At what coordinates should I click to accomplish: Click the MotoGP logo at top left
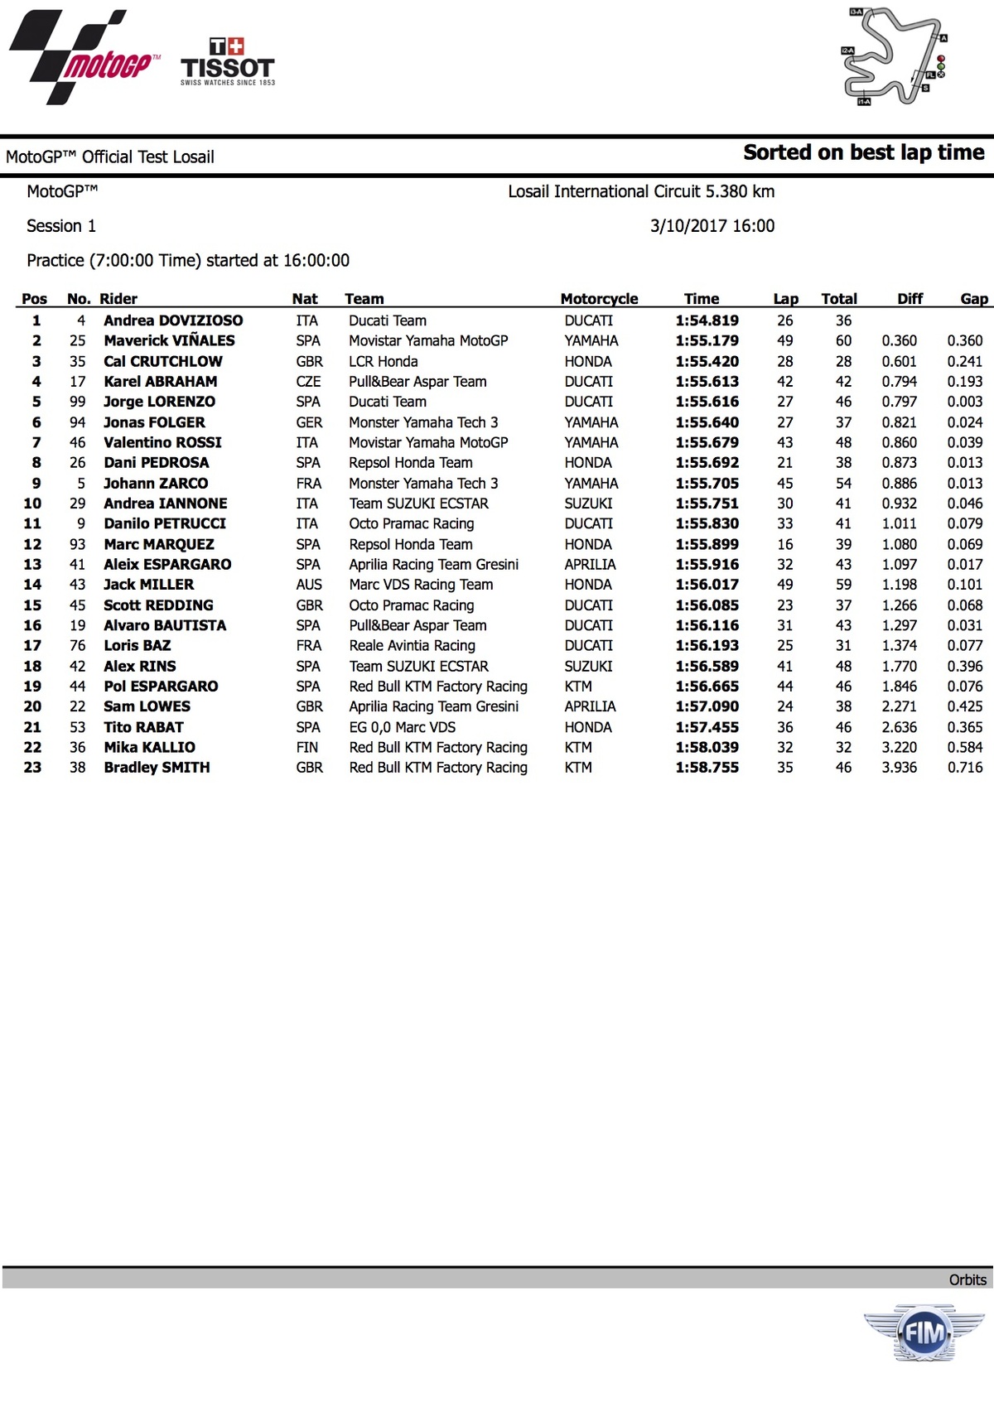click(83, 58)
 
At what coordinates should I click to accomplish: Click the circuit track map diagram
click(894, 56)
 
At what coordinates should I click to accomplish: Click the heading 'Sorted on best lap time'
click(863, 152)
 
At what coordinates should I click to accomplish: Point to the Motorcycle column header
click(599, 299)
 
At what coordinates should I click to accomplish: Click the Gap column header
click(973, 299)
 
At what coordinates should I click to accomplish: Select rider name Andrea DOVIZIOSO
click(173, 320)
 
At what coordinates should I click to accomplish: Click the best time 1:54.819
click(707, 320)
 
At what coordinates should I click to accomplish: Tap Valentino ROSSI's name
click(162, 442)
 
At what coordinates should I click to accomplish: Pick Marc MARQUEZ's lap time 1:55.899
click(707, 544)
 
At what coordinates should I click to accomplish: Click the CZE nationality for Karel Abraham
click(308, 382)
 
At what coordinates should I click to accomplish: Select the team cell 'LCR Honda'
click(383, 361)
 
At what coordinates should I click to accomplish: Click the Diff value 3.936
click(899, 768)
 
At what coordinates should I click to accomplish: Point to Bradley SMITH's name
click(157, 768)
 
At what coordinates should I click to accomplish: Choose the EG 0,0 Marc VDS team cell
click(402, 727)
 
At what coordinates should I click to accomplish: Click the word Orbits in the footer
click(967, 1279)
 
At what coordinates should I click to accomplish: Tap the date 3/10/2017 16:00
click(712, 226)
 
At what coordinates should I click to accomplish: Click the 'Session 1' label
click(61, 226)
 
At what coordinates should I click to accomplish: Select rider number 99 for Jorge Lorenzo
click(77, 402)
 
